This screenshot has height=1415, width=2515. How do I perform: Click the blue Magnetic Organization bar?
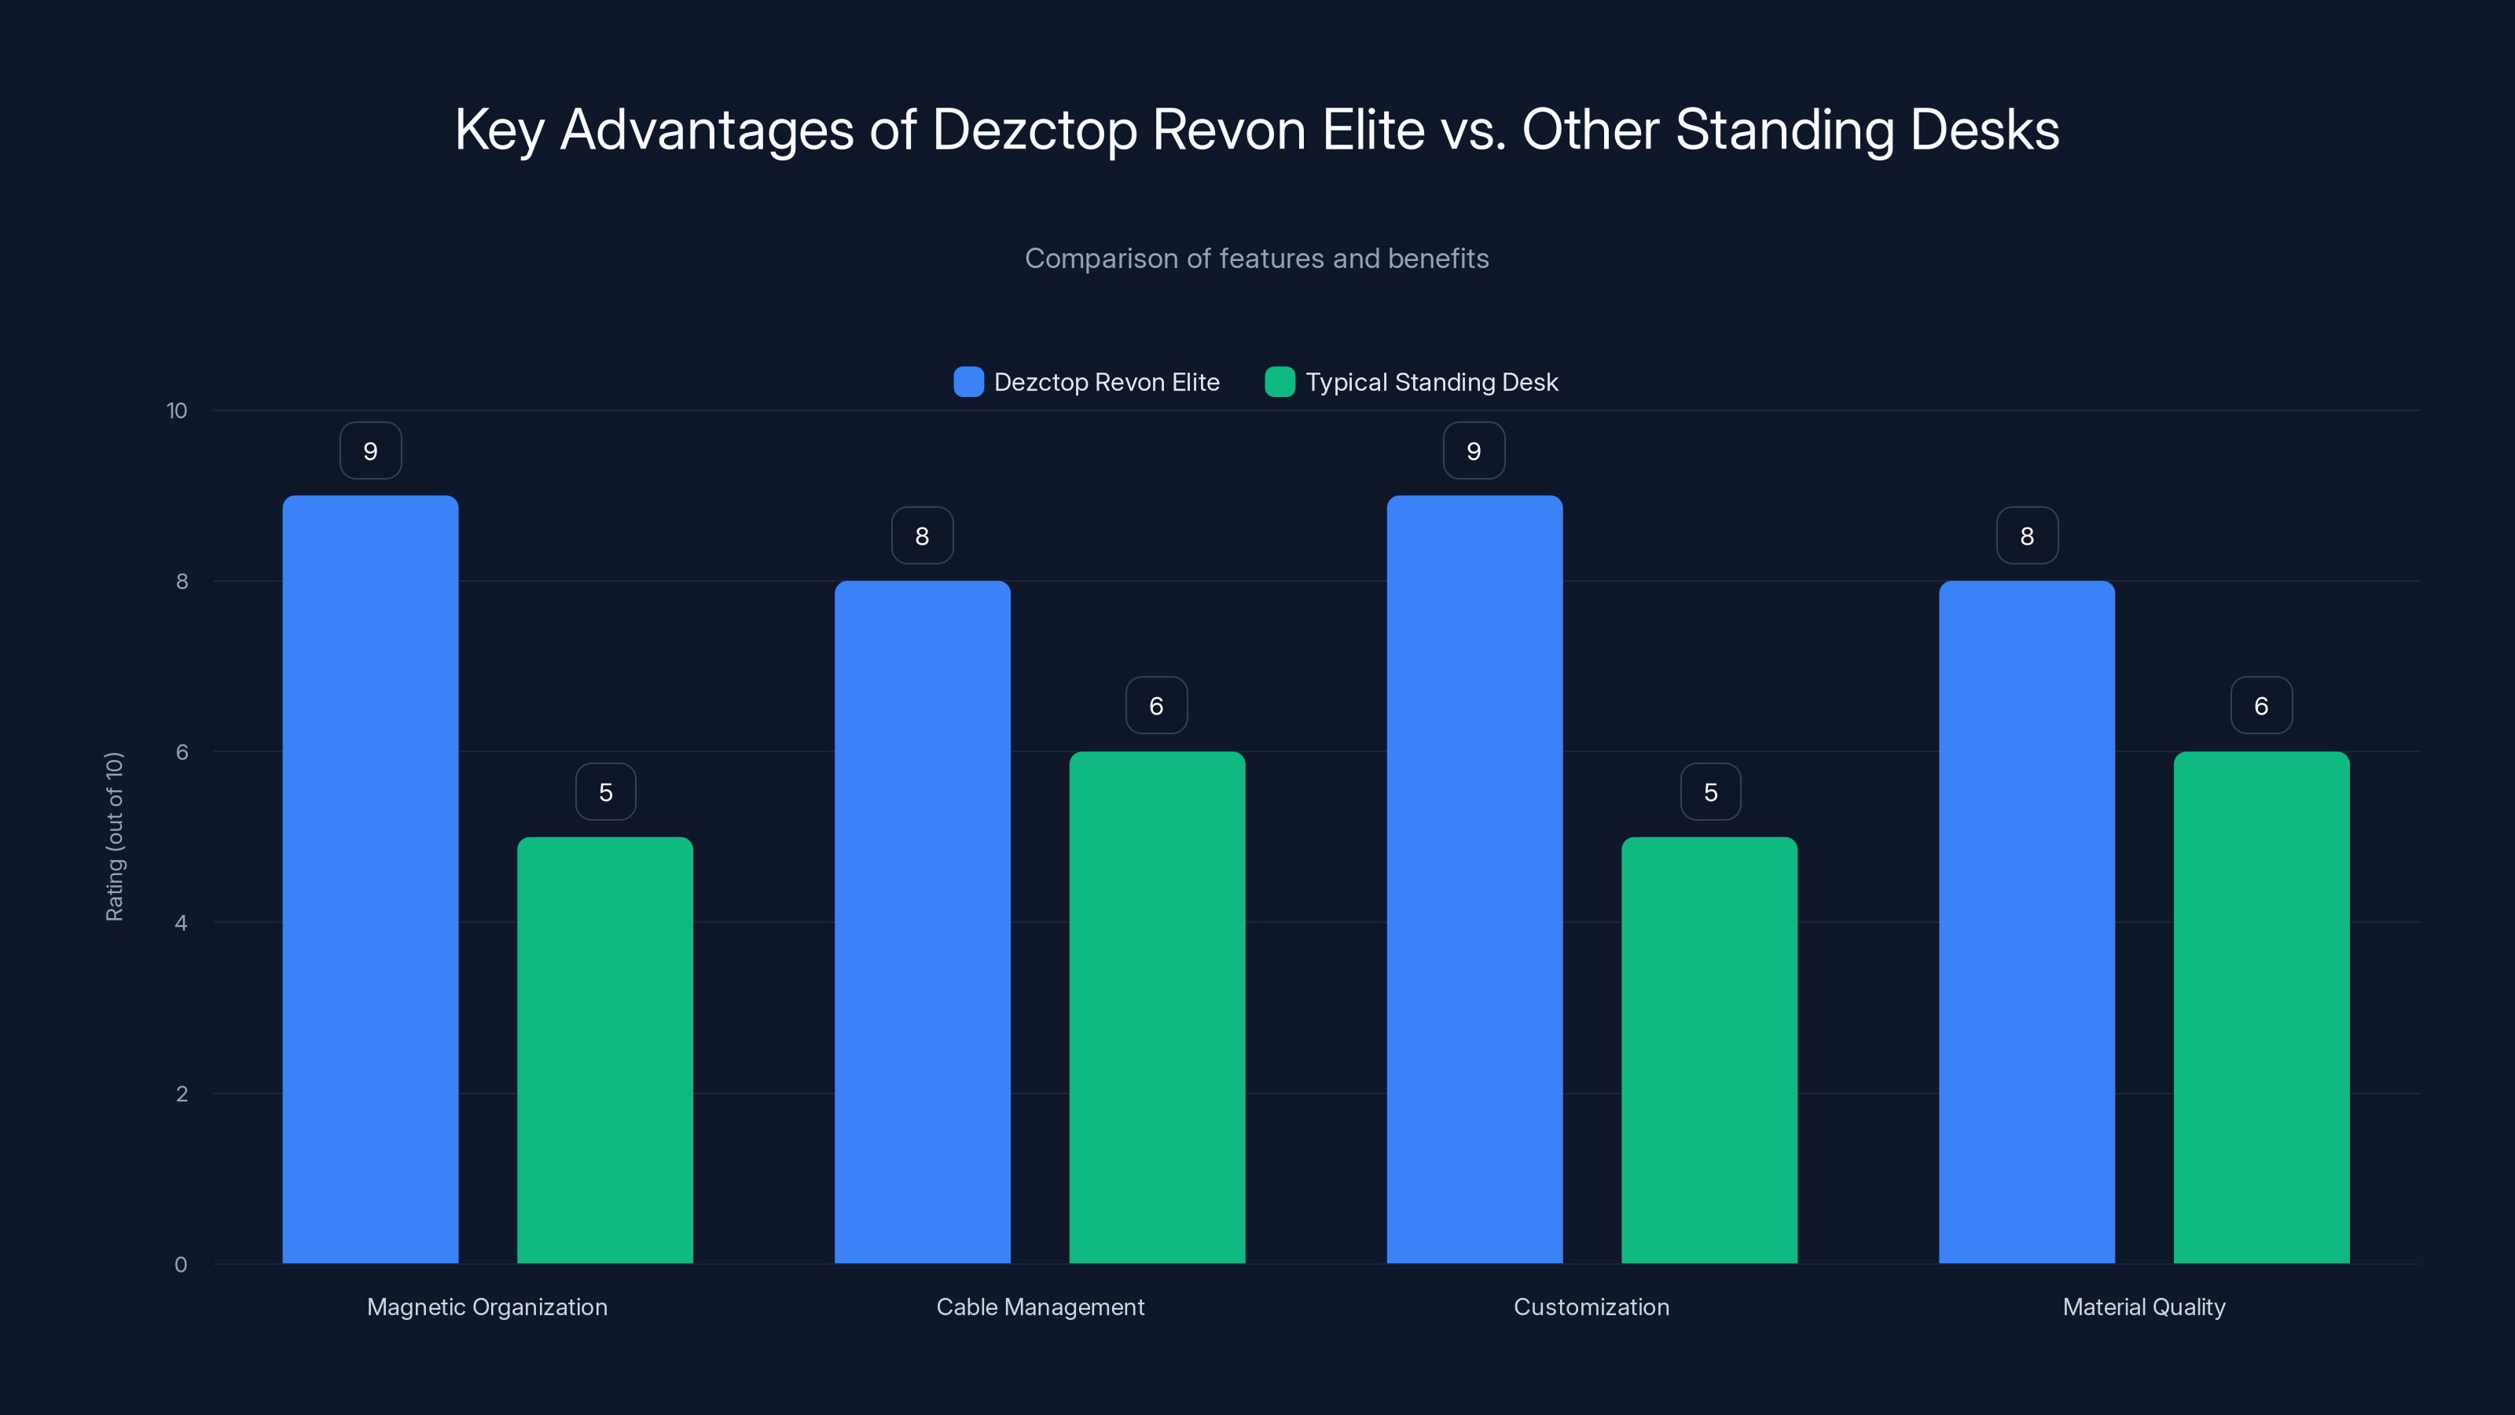click(x=370, y=879)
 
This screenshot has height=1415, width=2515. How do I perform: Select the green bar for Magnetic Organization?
click(x=604, y=1049)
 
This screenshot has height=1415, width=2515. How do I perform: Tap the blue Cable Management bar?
click(x=922, y=922)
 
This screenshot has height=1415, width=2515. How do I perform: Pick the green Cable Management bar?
click(x=1157, y=1007)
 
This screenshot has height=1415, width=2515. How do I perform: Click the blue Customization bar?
click(x=1474, y=879)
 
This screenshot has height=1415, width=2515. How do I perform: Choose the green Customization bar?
click(x=1709, y=1049)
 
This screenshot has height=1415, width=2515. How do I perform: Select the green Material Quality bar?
click(x=2261, y=1007)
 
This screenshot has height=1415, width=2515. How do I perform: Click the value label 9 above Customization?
click(x=1474, y=451)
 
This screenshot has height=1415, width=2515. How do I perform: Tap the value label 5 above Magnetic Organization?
click(x=605, y=792)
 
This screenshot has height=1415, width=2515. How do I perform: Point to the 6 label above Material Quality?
click(x=2261, y=706)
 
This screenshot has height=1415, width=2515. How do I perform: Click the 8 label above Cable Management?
click(x=922, y=536)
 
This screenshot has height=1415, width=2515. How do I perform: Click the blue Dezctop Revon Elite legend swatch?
click(x=968, y=382)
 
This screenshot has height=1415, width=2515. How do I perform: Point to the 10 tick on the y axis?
click(x=177, y=410)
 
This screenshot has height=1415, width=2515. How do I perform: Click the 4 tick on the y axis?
click(x=181, y=923)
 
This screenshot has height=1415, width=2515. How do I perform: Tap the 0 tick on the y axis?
click(x=181, y=1265)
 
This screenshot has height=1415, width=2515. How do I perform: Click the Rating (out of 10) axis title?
click(x=114, y=837)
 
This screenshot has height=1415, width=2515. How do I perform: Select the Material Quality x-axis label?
click(x=2144, y=1307)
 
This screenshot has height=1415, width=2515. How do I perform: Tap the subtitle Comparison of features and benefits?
click(x=1257, y=259)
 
